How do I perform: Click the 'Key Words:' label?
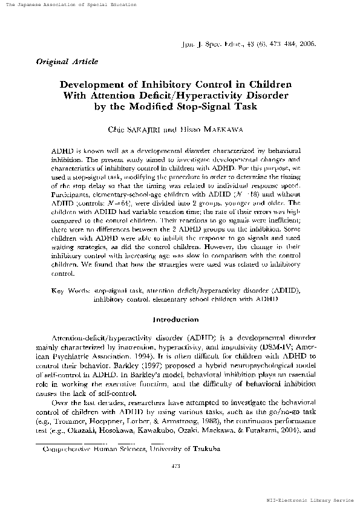click(x=71, y=291)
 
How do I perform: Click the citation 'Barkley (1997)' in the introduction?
click(x=146, y=357)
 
